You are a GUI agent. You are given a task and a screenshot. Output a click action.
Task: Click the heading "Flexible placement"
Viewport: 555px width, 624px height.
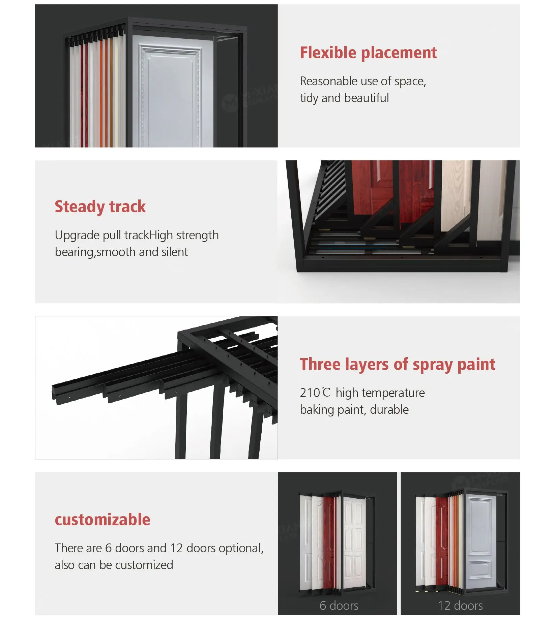point(368,53)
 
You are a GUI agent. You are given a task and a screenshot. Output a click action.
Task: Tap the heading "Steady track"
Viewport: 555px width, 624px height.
point(100,207)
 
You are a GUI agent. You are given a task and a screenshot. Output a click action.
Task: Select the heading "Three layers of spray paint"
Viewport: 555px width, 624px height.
point(398,365)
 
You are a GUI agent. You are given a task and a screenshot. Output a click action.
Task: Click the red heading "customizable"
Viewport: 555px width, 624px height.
point(103,520)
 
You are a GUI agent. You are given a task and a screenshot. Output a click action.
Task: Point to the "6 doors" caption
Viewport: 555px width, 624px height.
point(339,605)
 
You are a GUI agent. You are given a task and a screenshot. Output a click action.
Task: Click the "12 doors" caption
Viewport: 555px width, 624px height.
point(460,605)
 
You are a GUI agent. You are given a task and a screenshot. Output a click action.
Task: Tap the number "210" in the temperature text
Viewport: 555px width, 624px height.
point(310,393)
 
